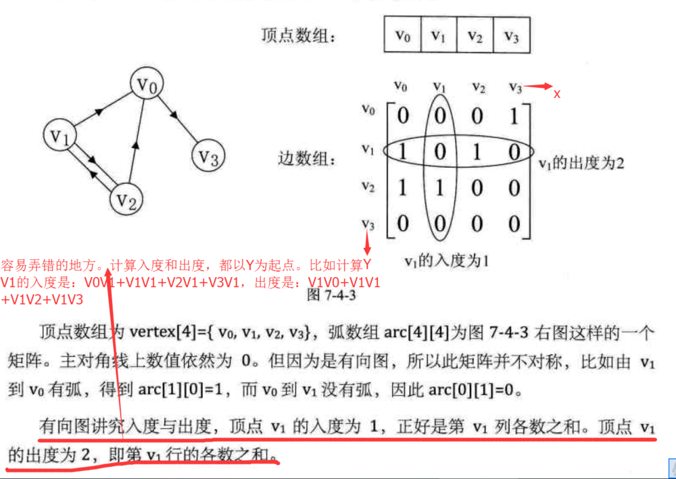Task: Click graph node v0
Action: click(x=147, y=84)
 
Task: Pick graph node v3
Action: click(x=208, y=157)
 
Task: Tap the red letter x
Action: click(x=557, y=94)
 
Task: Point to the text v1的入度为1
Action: click(x=446, y=260)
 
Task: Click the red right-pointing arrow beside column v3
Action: click(x=539, y=86)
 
